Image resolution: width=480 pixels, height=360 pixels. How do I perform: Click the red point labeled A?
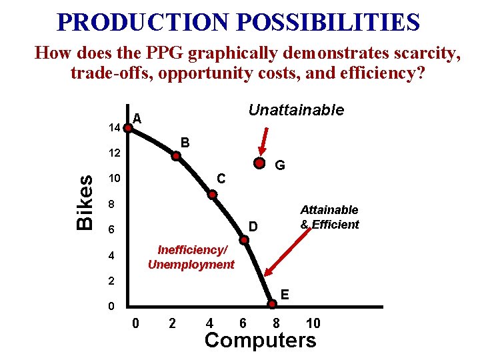tap(127, 127)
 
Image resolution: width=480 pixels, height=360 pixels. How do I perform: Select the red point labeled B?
tap(176, 157)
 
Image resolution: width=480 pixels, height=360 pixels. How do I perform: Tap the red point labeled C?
tap(212, 195)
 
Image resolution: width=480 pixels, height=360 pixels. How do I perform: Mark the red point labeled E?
tap(273, 305)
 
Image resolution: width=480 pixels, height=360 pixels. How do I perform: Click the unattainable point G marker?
tap(259, 163)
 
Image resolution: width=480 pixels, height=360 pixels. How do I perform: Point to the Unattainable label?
tap(296, 110)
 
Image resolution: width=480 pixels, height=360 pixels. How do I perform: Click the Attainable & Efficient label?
tap(329, 217)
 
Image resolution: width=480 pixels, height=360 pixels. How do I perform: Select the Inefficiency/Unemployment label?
tap(191, 257)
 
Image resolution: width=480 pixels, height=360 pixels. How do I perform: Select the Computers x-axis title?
tap(261, 341)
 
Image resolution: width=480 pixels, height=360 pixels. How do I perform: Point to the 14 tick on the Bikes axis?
tap(113, 127)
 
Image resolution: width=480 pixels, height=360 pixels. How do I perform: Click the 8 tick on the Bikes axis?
tap(113, 203)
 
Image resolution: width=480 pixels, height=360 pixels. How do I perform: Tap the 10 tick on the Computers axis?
tap(313, 323)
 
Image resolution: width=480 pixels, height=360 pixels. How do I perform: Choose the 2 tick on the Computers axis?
tap(172, 323)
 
